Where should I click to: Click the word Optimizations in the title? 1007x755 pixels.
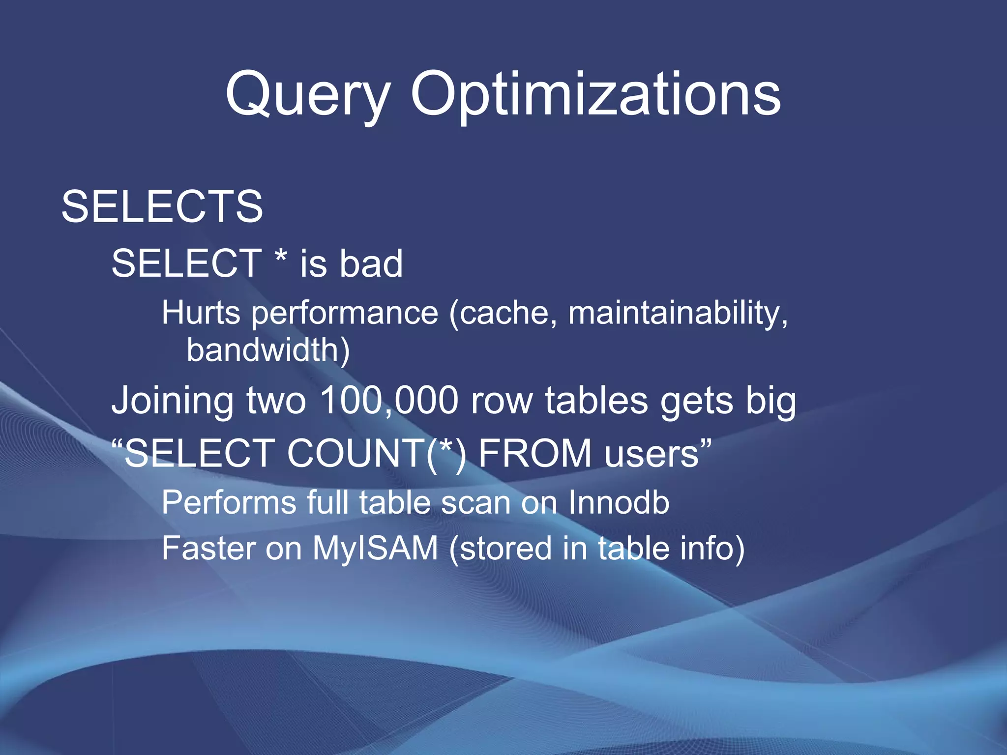595,94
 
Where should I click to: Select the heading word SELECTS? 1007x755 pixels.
162,207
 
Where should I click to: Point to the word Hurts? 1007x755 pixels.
201,313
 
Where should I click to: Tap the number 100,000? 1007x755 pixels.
389,401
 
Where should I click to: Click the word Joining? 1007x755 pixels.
172,401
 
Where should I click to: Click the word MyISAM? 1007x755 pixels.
375,549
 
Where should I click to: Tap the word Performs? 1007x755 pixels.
229,503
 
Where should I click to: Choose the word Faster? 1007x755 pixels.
207,549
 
